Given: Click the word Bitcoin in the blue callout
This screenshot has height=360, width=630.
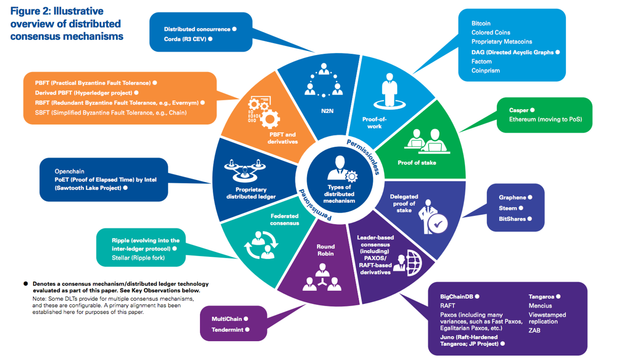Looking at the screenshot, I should coord(481,24).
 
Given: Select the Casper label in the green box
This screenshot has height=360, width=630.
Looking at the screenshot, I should coord(519,110).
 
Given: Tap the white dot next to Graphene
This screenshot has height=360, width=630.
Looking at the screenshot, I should coord(530,197).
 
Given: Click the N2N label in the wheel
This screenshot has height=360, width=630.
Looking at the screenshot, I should coord(327,111).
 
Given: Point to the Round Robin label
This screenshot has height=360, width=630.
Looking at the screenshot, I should coord(326,250).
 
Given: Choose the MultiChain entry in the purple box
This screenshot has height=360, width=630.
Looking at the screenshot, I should coord(227,319).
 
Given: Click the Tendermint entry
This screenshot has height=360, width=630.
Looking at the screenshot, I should coord(228,330).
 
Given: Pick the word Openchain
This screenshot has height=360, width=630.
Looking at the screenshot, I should coord(69,171).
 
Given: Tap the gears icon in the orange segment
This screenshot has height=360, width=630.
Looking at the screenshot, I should coord(264,113).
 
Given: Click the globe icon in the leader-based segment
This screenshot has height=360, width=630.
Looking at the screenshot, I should coord(413,263).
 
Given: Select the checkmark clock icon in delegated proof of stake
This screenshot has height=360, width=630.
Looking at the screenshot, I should coord(437,225).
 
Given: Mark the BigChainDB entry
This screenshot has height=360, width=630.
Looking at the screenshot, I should coord(456,297).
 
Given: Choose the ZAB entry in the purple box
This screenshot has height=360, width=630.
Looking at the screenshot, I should coord(534,330).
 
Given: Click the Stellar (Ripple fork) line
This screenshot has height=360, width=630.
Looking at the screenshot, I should coord(138,258).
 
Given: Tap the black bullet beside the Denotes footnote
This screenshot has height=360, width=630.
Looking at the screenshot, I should coord(26,284).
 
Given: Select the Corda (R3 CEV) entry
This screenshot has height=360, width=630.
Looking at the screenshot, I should coord(185,39).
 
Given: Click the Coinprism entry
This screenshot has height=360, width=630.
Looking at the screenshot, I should coord(485,71).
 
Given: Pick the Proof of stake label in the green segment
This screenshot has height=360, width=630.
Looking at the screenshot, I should coord(417,163).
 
